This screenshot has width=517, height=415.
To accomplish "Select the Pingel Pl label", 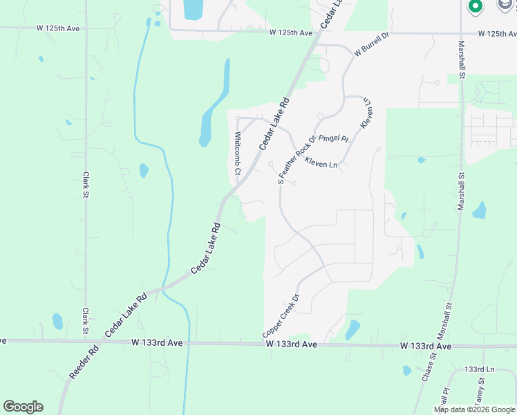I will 334,138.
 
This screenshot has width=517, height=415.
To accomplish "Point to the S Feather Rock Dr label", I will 296,159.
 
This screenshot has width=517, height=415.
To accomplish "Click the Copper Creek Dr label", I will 281,316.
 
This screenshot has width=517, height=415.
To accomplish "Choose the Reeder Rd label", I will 84,362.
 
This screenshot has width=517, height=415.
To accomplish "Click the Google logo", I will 23,407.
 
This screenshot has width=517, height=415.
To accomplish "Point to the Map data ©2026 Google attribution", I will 474,409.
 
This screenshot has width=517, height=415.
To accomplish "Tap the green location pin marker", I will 475,8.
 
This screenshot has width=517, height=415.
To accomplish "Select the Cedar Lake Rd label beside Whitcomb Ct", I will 274,122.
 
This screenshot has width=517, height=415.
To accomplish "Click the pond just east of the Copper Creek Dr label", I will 352,329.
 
